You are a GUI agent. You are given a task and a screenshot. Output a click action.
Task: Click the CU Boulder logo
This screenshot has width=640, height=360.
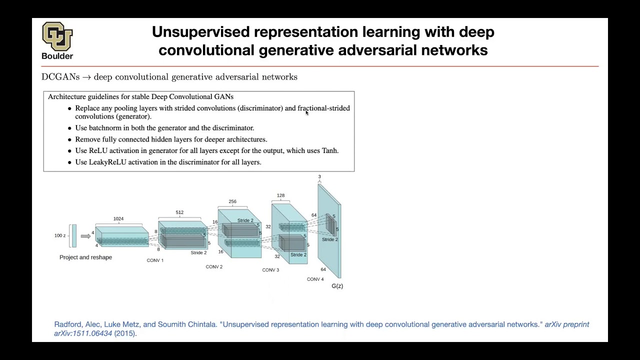pos(57,40)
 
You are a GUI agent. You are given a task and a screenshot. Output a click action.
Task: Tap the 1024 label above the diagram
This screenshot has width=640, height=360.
pos(118,219)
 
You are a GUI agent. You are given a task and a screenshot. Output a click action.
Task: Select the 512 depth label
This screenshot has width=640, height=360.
pos(179,212)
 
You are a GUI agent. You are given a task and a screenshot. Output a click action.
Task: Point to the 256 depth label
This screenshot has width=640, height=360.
pos(232,201)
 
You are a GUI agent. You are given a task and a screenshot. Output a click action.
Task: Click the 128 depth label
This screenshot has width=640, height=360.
pos(281,195)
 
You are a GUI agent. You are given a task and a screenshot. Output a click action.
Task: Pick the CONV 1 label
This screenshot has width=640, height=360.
pos(155,260)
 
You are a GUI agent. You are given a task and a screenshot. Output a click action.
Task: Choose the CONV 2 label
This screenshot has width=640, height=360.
pos(214,267)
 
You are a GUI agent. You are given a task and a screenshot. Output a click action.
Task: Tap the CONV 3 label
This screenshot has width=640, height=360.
pos(270,270)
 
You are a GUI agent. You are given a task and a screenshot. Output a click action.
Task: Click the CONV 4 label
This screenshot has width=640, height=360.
pos(315,279)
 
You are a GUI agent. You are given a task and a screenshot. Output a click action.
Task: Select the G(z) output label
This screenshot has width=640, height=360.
pos(337,286)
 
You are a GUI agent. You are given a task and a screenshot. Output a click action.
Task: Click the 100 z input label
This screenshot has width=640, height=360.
pos(60,235)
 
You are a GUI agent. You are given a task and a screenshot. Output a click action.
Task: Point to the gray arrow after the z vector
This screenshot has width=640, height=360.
pos(85,236)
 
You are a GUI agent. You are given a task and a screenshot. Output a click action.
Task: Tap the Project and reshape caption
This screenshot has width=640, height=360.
pos(85,257)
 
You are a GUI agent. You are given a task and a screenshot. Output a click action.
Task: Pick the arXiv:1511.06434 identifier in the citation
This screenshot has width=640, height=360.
pos(83,333)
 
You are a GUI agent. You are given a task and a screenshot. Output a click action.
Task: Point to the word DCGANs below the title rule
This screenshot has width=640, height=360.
pos(60,77)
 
